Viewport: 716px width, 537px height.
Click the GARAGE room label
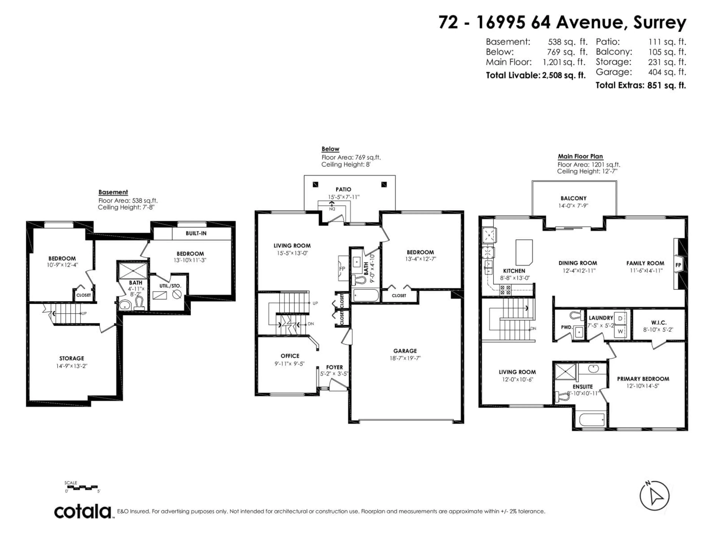click(x=405, y=351)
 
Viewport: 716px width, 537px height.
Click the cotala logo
click(x=83, y=512)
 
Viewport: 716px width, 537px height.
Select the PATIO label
click(x=343, y=189)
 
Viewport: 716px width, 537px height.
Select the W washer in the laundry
click(x=620, y=332)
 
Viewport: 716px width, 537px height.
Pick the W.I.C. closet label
click(x=659, y=323)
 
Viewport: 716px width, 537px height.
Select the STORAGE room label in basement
click(x=72, y=358)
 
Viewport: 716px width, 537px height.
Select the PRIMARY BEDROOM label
click(x=643, y=379)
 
